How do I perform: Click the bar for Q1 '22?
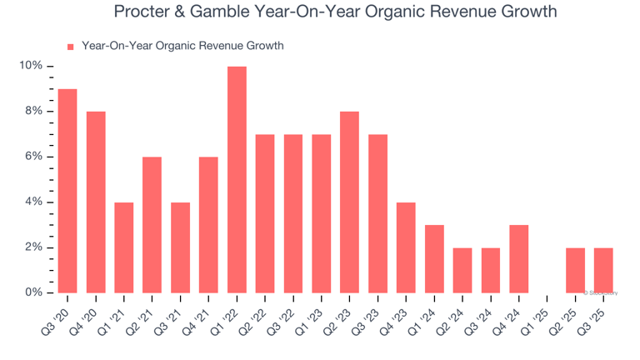[237, 180]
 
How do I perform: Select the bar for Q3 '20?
[67, 191]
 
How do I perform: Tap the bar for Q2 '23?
[350, 202]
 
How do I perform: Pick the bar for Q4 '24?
[519, 259]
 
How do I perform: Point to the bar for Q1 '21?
[124, 247]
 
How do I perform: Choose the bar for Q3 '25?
[603, 271]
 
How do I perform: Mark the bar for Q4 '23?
[406, 247]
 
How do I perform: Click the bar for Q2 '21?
[152, 225]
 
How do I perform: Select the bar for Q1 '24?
[434, 259]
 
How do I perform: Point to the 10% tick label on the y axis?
[31, 66]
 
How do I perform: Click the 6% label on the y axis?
[33, 157]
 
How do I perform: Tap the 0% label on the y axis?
[33, 292]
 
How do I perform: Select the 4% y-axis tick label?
[33, 202]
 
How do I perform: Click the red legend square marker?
[71, 47]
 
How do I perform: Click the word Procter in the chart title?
[142, 12]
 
